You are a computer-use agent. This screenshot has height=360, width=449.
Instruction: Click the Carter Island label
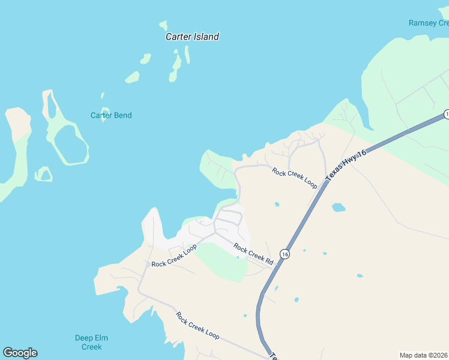[192, 37]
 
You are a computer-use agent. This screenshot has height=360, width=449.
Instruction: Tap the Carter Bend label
[111, 115]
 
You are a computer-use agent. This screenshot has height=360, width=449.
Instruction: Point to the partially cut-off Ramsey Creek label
[428, 23]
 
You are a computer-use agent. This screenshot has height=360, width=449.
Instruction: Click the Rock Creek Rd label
[253, 254]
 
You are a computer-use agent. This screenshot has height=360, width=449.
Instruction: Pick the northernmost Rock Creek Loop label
[294, 178]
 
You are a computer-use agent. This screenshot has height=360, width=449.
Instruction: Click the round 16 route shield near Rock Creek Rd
[285, 254]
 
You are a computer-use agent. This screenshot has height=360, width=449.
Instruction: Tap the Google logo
[20, 353]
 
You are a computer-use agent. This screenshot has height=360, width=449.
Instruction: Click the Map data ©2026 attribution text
[424, 355]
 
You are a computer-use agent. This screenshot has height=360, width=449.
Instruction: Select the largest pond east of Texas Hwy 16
[339, 208]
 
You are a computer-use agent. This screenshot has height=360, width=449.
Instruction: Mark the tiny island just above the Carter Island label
[163, 26]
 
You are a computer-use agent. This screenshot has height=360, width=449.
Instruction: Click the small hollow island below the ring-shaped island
[43, 175]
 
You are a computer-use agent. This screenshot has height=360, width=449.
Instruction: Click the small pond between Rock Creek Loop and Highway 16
[277, 205]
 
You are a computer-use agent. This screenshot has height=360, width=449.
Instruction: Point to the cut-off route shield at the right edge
[446, 114]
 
